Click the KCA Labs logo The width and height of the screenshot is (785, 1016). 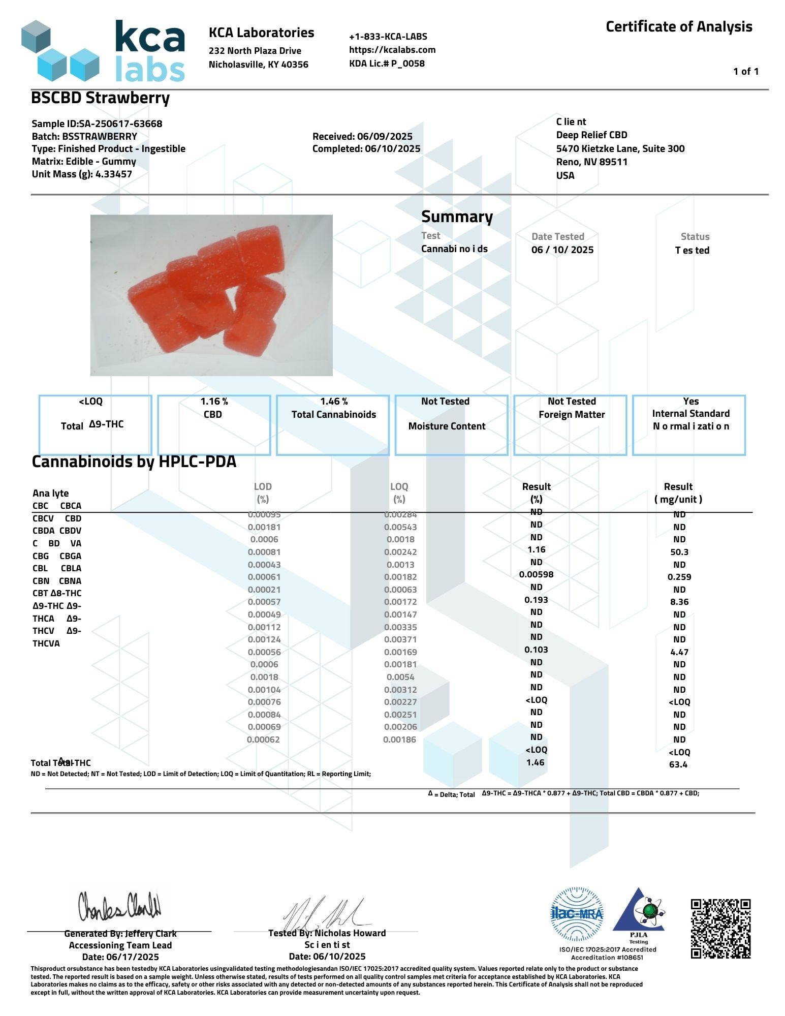(x=104, y=51)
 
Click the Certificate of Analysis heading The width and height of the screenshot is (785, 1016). (x=678, y=27)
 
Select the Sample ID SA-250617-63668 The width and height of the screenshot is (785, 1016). (x=120, y=124)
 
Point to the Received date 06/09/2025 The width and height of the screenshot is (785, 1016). (x=385, y=136)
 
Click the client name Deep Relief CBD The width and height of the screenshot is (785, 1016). (x=591, y=135)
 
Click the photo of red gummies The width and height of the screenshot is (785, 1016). (x=211, y=295)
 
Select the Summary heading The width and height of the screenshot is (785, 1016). (x=457, y=217)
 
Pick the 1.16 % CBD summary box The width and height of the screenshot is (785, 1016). (x=214, y=424)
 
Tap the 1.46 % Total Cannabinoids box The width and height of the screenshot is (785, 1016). (x=333, y=424)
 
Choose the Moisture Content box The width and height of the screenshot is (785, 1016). (x=451, y=424)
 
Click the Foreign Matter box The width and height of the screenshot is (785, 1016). (x=570, y=424)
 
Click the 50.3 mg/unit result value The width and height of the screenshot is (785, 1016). (x=679, y=552)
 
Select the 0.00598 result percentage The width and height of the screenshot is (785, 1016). (x=536, y=574)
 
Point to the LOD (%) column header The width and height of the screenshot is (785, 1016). (x=263, y=492)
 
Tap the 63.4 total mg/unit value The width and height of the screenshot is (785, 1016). (x=678, y=764)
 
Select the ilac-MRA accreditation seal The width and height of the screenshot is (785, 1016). (x=577, y=914)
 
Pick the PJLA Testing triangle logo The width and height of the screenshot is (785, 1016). (x=638, y=912)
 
